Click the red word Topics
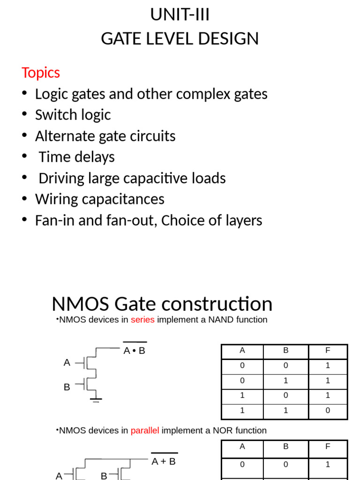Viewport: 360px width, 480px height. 41,73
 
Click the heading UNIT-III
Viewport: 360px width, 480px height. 180,15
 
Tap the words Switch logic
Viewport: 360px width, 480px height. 73,115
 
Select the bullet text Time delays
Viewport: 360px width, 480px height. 76,157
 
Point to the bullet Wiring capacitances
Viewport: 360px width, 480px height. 99,199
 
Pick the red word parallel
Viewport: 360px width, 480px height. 146,430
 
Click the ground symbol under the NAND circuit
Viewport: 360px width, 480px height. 96,400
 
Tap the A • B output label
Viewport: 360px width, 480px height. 135,351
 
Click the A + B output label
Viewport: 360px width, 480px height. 164,461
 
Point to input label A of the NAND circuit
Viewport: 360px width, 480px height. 67,362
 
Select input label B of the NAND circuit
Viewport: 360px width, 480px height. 67,387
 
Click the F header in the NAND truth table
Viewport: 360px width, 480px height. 328,351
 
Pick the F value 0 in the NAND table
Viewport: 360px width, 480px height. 328,411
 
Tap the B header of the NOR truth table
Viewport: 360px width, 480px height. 286,447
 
